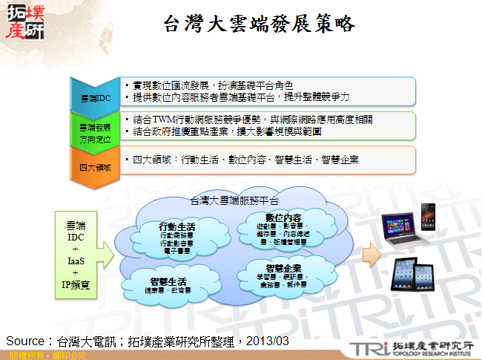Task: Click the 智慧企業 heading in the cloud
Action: (283, 266)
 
